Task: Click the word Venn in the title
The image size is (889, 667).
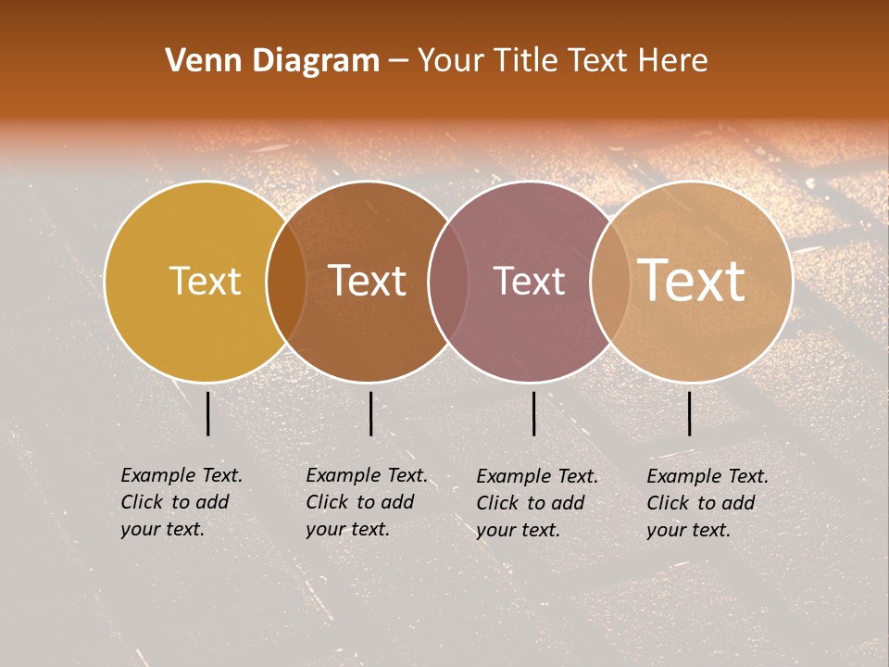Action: tap(195, 61)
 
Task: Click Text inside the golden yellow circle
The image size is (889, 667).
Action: tap(205, 281)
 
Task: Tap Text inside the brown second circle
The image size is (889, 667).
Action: tap(368, 281)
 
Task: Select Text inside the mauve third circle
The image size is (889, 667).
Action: tap(529, 281)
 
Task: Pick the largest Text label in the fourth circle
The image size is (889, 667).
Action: tap(692, 280)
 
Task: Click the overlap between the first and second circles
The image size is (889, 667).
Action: tap(286, 282)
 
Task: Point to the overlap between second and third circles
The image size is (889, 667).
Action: tap(448, 282)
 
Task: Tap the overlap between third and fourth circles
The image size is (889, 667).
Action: tap(610, 282)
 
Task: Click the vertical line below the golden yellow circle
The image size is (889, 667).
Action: tap(208, 413)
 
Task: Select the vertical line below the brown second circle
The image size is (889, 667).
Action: tap(370, 413)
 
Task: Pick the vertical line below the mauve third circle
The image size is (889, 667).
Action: tap(534, 413)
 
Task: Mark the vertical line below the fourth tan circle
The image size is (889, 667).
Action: tap(690, 413)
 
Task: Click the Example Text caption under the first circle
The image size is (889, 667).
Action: tap(182, 502)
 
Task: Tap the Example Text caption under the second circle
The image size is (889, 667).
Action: tap(367, 502)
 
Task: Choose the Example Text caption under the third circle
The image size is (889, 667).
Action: tap(537, 503)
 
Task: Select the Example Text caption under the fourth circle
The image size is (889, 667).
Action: tap(707, 503)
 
